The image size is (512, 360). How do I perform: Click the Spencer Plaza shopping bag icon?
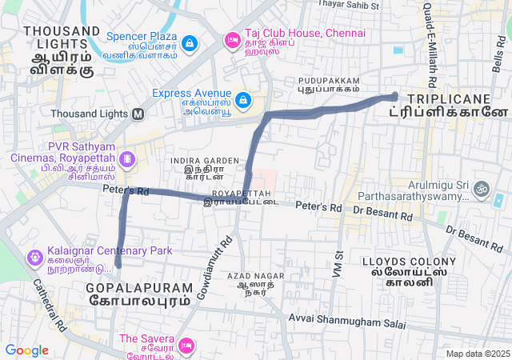190,42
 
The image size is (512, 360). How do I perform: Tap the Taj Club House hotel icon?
232,39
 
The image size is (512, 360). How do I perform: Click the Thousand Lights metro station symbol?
138,114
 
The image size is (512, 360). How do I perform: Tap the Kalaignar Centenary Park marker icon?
34,258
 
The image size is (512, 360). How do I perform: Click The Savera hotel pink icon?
186,346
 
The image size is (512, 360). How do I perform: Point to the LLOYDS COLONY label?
409,262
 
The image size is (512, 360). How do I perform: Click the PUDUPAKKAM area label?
329,81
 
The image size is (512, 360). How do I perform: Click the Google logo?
26,350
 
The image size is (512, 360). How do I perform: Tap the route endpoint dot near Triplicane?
394,96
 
